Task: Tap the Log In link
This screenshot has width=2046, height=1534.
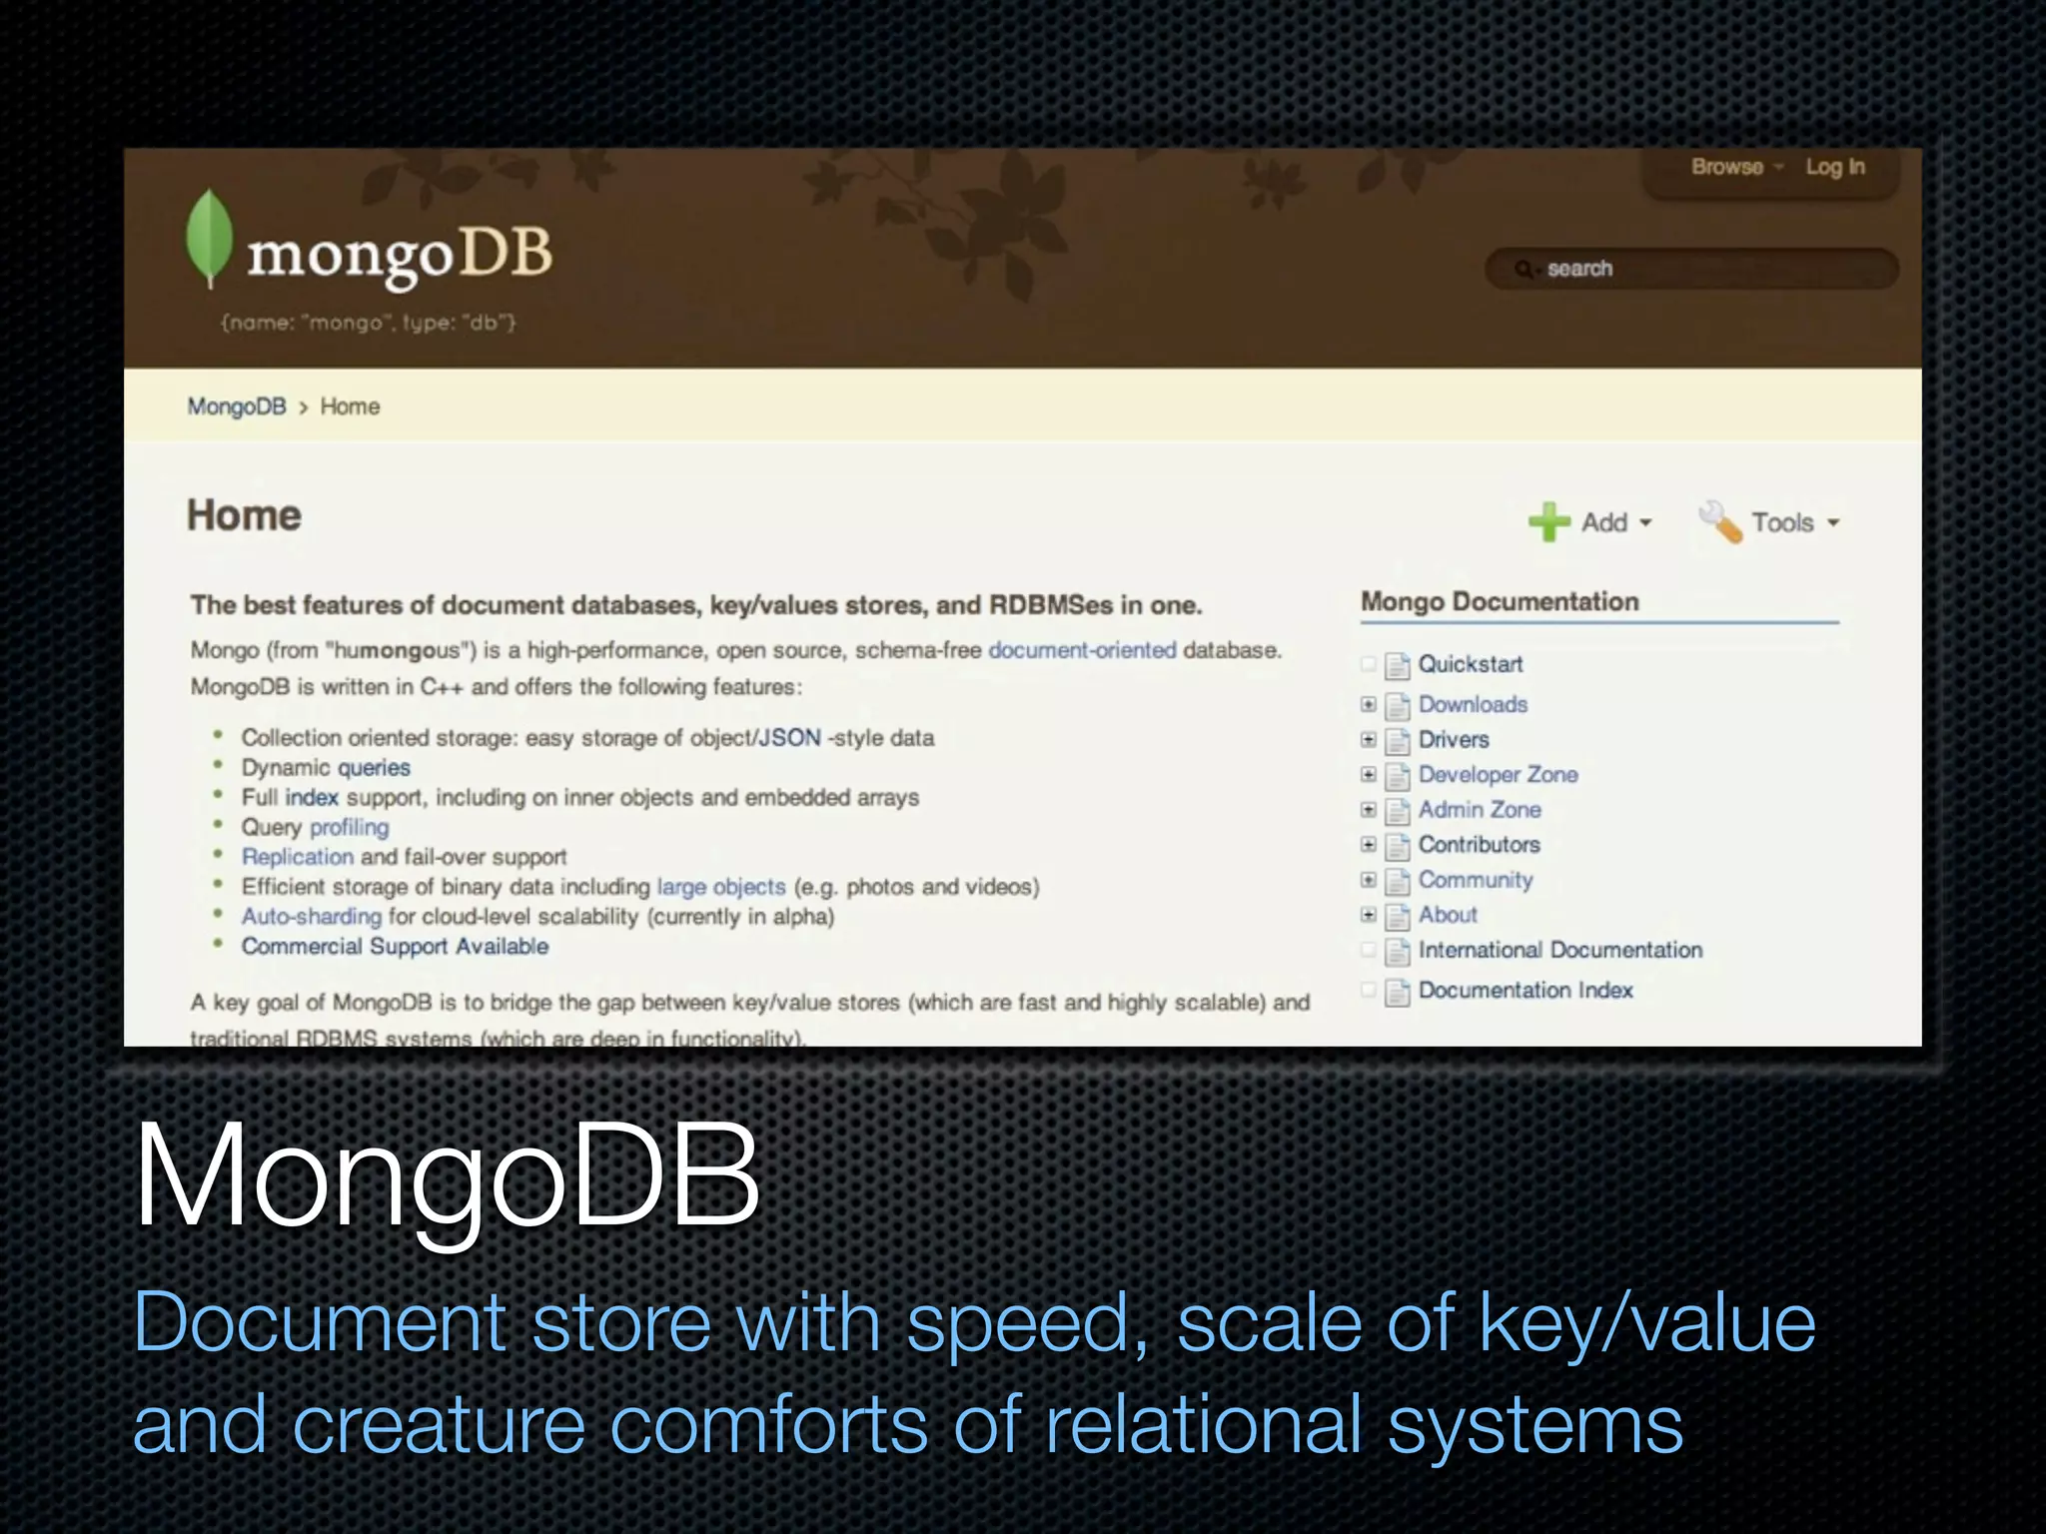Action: (x=1834, y=167)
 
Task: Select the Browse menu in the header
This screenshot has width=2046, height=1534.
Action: (x=1726, y=167)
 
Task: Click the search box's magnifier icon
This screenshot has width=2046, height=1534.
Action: (x=1523, y=269)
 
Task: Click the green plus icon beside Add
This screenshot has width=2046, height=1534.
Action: (x=1548, y=521)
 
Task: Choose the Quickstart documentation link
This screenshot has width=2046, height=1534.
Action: (x=1470, y=664)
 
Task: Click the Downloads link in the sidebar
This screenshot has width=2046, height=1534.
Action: (x=1473, y=704)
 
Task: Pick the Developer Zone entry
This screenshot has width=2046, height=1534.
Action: (x=1498, y=774)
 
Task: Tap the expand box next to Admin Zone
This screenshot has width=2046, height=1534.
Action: (x=1369, y=809)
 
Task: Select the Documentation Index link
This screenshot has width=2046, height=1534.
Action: (x=1525, y=990)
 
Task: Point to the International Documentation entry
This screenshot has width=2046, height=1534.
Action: (x=1559, y=950)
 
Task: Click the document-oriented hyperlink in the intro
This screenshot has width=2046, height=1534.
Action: (x=1082, y=650)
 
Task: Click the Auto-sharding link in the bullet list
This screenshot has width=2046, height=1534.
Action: (x=311, y=916)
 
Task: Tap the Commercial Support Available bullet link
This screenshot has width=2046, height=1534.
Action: (x=395, y=946)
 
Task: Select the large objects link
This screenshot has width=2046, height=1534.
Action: (x=720, y=886)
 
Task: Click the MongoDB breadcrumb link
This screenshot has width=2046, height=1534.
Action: (x=237, y=406)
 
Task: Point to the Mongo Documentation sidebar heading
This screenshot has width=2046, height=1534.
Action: (x=1500, y=601)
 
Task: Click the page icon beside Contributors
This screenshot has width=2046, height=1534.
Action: (x=1398, y=845)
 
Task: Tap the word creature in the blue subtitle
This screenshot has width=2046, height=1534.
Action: (x=439, y=1425)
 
